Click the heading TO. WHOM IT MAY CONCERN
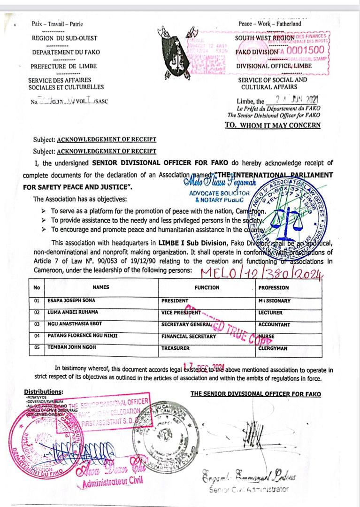pyautogui.click(x=273, y=125)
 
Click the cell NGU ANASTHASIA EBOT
pyautogui.click(x=73, y=324)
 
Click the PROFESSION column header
pyautogui.click(x=274, y=288)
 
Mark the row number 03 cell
pyautogui.click(x=37, y=324)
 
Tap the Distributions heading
pyautogui.click(x=43, y=392)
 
